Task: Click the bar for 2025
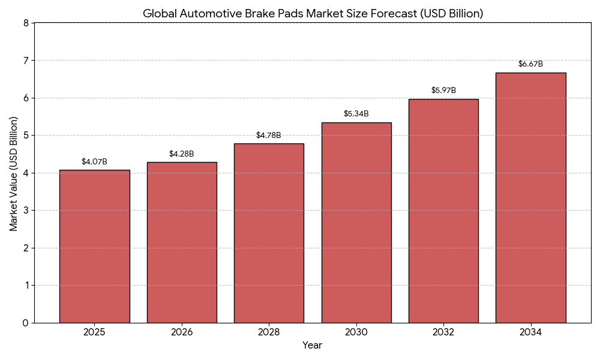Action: click(94, 246)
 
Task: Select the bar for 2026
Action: click(182, 242)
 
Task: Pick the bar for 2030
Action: click(356, 223)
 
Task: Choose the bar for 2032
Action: click(443, 211)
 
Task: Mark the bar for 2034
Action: click(530, 197)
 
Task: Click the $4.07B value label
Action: click(94, 162)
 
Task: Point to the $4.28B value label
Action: click(182, 154)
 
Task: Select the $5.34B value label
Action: click(356, 114)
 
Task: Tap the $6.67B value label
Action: click(530, 64)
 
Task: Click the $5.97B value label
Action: click(443, 91)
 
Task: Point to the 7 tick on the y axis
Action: click(26, 61)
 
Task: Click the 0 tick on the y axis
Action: click(26, 323)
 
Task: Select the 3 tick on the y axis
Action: click(26, 211)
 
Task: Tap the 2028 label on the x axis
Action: click(269, 332)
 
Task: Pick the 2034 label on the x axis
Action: click(530, 332)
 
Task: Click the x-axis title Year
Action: click(312, 346)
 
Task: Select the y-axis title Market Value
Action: click(14, 173)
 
